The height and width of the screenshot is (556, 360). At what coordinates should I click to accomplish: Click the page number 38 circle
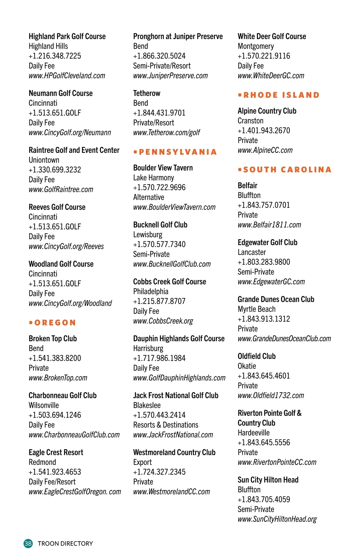(x=28, y=543)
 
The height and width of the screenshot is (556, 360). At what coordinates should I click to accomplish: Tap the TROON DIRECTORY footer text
(x=65, y=543)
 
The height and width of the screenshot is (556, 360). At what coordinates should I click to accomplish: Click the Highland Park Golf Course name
(x=67, y=37)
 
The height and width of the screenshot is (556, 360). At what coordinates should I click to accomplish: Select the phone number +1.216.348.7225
(x=55, y=56)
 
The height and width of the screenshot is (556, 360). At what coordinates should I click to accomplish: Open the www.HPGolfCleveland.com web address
(x=67, y=76)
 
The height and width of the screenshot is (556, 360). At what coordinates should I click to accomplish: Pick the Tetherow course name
(x=147, y=94)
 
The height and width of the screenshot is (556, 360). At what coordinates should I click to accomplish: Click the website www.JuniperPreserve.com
(x=170, y=76)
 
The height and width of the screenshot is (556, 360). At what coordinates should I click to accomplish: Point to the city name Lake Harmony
(x=154, y=178)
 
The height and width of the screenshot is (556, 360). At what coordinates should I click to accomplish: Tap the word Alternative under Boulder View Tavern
(x=148, y=197)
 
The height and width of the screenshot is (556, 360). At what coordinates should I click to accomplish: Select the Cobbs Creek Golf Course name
(x=169, y=282)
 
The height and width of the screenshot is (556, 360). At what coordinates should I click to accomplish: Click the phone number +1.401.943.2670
(x=264, y=131)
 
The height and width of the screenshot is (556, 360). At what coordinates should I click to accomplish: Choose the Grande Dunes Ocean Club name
(x=276, y=299)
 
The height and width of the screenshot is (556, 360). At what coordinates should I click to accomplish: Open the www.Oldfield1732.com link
(x=271, y=395)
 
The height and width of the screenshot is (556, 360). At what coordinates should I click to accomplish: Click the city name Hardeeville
(x=253, y=433)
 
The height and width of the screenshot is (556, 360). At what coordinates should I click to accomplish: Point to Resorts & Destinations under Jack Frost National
(x=166, y=425)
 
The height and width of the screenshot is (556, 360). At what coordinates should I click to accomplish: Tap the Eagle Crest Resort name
(x=56, y=452)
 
